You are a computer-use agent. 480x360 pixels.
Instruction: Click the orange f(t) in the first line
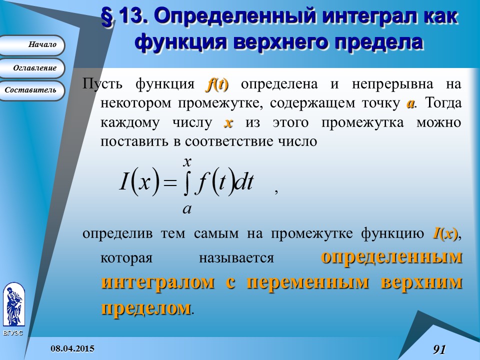217,84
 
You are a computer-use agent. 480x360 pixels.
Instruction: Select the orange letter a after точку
410,104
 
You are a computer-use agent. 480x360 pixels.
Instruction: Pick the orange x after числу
228,123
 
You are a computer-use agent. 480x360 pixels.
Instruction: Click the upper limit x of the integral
187,161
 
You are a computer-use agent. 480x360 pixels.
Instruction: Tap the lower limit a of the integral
187,209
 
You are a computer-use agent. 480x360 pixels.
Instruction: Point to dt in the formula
244,182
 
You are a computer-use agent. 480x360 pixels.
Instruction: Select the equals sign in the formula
170,183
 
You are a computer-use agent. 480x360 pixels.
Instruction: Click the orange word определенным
391,256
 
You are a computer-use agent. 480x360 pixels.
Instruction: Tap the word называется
236,258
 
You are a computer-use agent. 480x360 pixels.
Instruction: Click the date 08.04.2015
72,348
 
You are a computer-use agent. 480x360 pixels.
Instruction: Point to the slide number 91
439,349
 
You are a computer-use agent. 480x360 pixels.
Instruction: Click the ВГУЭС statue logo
14,304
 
